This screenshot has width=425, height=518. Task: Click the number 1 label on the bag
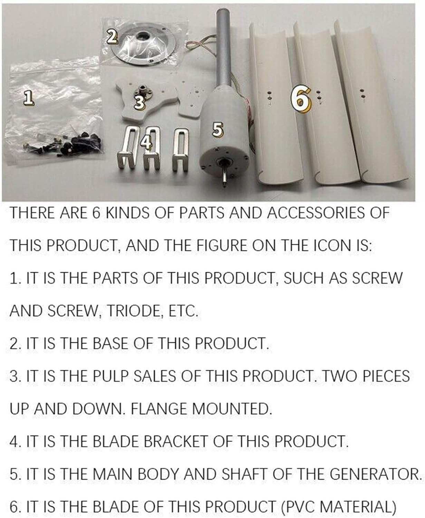pyautogui.click(x=30, y=97)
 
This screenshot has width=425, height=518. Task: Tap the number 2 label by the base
pyautogui.click(x=111, y=36)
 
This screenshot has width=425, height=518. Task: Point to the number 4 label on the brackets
pyautogui.click(x=147, y=143)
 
